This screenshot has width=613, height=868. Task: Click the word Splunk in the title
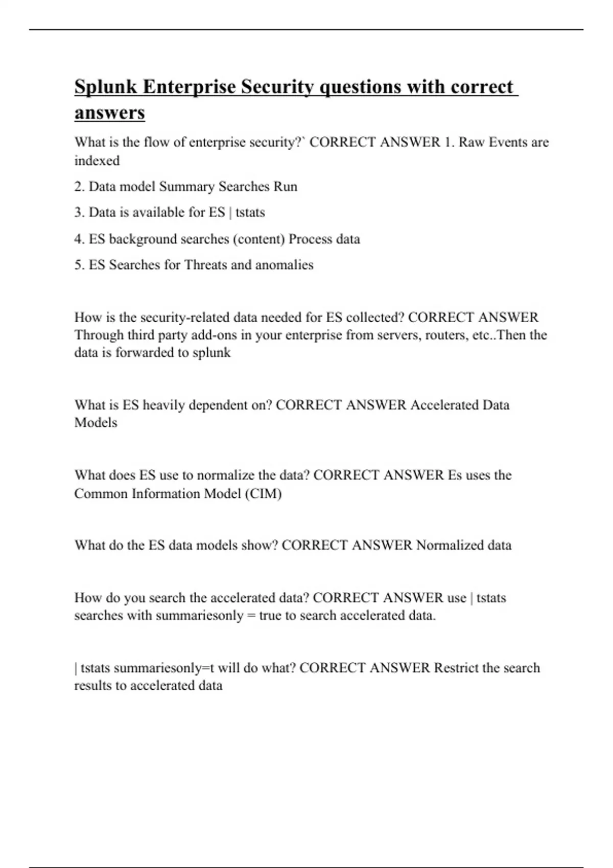coord(106,87)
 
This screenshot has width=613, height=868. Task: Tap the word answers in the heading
coord(110,113)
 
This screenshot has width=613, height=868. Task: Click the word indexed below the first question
coord(97,160)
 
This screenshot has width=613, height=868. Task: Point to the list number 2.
coord(79,186)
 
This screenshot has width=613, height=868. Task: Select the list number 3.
coord(79,212)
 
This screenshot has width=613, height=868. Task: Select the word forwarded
coord(145,353)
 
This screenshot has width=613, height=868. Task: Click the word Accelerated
coord(444,405)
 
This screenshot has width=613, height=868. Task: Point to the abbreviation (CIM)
coord(263,494)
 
